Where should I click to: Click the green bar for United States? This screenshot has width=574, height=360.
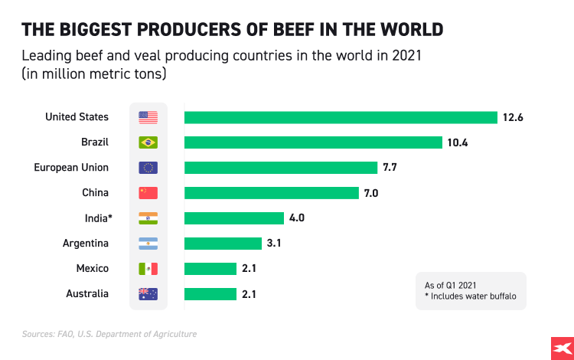coord(341,117)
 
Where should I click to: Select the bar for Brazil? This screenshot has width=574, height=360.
coord(313,142)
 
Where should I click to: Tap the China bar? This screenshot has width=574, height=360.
coord(271,193)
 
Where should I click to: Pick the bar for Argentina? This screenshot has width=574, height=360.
coord(223,244)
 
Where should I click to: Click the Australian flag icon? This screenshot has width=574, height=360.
coord(148,294)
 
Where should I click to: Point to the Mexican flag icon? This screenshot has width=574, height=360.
coord(148,269)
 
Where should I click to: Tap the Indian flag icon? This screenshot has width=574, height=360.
coord(148,218)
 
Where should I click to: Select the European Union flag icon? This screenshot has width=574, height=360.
coord(148,168)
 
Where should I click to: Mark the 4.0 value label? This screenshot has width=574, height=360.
coord(297,218)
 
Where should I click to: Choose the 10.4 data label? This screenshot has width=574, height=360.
coord(457,142)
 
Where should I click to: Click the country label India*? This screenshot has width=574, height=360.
coord(98,218)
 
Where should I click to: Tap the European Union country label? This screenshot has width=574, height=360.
coord(71,168)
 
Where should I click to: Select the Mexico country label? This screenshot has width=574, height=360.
coord(92,269)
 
